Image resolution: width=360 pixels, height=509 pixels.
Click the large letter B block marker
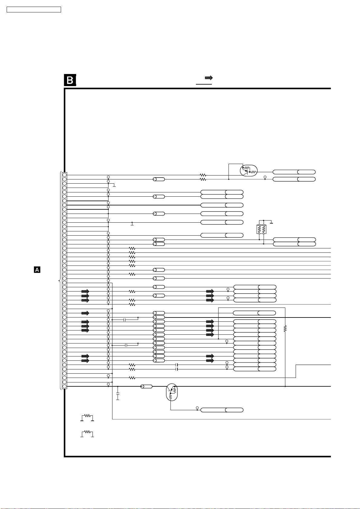point(70,80)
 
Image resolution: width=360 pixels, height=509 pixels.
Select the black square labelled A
point(37,270)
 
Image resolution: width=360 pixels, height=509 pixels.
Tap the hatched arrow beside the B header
point(209,78)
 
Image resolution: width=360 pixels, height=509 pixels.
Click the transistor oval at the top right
point(249,171)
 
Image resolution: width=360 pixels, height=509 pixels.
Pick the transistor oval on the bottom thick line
point(172,392)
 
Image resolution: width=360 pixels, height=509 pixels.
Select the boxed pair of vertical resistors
point(261,229)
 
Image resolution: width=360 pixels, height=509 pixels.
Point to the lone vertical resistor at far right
point(285,329)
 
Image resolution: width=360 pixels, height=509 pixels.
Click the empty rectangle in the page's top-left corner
point(34,10)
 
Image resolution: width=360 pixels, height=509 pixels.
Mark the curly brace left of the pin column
point(60,281)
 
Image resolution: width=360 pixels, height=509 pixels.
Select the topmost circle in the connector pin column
point(64,175)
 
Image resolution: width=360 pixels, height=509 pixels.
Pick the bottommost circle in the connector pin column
point(64,386)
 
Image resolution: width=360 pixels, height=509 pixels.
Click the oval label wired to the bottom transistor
point(222,410)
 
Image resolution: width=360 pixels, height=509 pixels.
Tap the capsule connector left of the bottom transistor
point(146,386)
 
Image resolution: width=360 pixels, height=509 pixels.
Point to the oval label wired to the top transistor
point(294,172)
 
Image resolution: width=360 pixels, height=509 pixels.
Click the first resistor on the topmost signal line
point(203,175)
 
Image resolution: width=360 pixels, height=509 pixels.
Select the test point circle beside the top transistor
point(265,177)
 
